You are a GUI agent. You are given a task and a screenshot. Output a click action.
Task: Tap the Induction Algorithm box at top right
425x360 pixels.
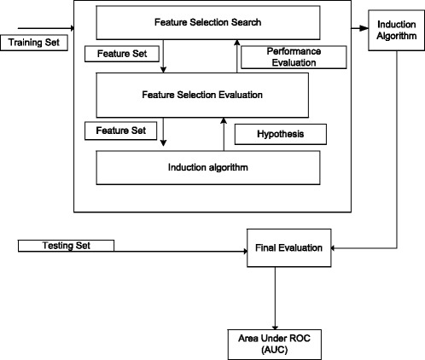point(395,36)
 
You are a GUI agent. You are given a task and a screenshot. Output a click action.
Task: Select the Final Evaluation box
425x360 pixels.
point(288,250)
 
